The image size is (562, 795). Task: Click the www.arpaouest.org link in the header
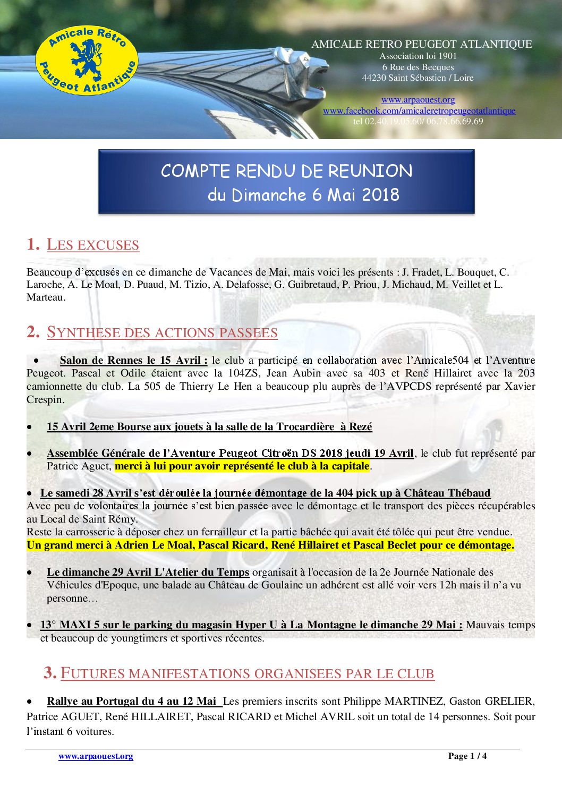tap(418, 100)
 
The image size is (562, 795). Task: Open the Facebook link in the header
tap(419, 110)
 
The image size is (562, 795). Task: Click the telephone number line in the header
tap(418, 122)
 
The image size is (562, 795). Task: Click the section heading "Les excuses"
tap(93, 245)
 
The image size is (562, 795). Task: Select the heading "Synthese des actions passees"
tap(162, 332)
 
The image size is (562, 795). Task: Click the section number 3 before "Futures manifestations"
tap(50, 673)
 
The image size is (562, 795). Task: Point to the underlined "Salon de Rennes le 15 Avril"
tap(133, 361)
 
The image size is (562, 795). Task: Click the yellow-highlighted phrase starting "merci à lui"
tap(242, 466)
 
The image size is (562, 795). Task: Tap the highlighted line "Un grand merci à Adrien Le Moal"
tap(270, 545)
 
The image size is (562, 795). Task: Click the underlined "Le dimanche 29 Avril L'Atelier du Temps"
tap(148, 572)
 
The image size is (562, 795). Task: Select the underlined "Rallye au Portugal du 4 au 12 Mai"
tap(134, 702)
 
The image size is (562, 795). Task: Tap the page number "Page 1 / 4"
tap(467, 756)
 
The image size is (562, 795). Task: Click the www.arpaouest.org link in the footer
tap(96, 756)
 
